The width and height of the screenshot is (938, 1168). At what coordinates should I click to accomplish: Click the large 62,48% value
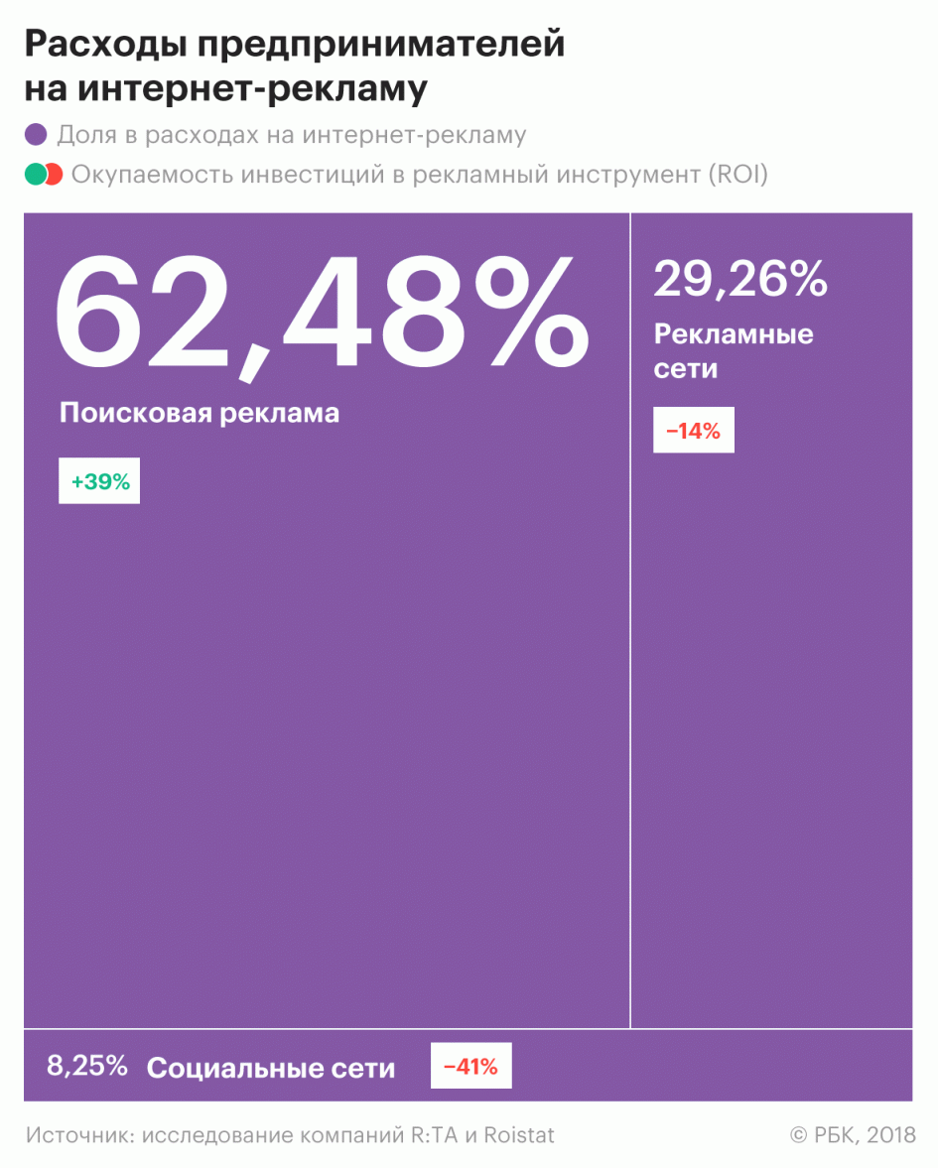pyautogui.click(x=320, y=312)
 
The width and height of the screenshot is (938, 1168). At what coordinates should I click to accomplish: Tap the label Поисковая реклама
pyautogui.click(x=200, y=413)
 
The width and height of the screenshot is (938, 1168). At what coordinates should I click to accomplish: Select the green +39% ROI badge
pyautogui.click(x=99, y=482)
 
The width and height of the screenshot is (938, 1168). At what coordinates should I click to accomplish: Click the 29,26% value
pyautogui.click(x=740, y=279)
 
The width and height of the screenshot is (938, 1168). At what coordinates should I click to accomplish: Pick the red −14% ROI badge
pyautogui.click(x=693, y=432)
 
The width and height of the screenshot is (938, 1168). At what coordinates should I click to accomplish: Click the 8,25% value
pyautogui.click(x=87, y=1067)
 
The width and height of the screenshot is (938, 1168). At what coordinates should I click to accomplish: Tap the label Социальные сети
pyautogui.click(x=271, y=1068)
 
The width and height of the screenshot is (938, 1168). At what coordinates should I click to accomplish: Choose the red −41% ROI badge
pyautogui.click(x=470, y=1068)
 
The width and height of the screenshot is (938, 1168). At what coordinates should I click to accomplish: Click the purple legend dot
pyautogui.click(x=37, y=136)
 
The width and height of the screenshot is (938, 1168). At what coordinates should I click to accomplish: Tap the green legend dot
pyautogui.click(x=35, y=175)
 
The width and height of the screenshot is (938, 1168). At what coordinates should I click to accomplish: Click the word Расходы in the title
pyautogui.click(x=101, y=45)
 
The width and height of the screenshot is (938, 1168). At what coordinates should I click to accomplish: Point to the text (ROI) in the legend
pyautogui.click(x=737, y=175)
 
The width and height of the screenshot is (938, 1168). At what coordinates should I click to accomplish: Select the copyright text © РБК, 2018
pyautogui.click(x=853, y=1134)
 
